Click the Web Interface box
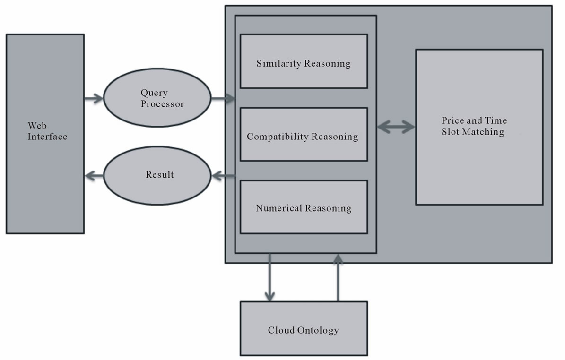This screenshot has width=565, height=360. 45,134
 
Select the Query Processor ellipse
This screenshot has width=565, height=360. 156,99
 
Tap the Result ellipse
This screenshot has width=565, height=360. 156,175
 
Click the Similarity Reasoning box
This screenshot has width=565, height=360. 304,61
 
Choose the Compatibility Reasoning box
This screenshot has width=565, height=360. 304,135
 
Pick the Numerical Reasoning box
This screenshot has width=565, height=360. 304,207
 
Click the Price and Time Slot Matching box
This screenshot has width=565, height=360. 479,127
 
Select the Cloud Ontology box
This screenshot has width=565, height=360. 304,329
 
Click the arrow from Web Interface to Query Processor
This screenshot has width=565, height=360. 94,99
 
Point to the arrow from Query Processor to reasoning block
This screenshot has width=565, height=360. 223,99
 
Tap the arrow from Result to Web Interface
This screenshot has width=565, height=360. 94,176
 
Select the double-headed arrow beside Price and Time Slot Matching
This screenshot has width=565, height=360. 396,127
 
